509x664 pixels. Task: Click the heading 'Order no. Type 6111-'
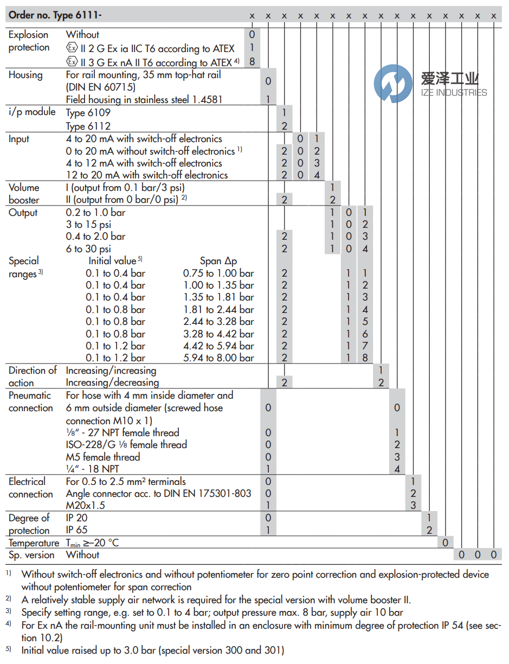click(x=55, y=15)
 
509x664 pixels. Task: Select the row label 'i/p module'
click(x=32, y=112)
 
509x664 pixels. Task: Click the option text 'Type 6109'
click(x=88, y=113)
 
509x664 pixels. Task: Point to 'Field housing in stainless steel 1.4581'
click(x=144, y=99)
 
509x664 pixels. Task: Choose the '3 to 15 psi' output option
click(x=88, y=225)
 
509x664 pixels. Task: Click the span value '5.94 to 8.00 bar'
click(x=218, y=358)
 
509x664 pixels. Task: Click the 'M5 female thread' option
click(x=103, y=457)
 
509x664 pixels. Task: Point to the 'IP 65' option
click(x=76, y=530)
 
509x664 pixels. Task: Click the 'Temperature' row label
click(x=34, y=543)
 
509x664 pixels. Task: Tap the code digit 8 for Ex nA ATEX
click(x=252, y=61)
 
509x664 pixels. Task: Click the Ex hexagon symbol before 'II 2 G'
click(x=71, y=48)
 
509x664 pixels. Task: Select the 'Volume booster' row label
click(x=24, y=194)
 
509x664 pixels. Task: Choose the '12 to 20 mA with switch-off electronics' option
click(x=146, y=175)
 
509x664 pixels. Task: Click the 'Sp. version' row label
click(x=31, y=555)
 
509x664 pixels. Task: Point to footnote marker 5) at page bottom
click(x=10, y=649)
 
